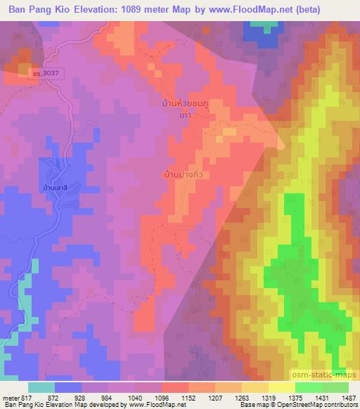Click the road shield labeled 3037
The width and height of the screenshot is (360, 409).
(x=45, y=72)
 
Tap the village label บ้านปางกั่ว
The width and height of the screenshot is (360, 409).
(x=186, y=173)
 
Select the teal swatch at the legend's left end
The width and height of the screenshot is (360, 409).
(x=41, y=388)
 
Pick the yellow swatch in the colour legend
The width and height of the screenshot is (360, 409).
(x=281, y=388)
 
